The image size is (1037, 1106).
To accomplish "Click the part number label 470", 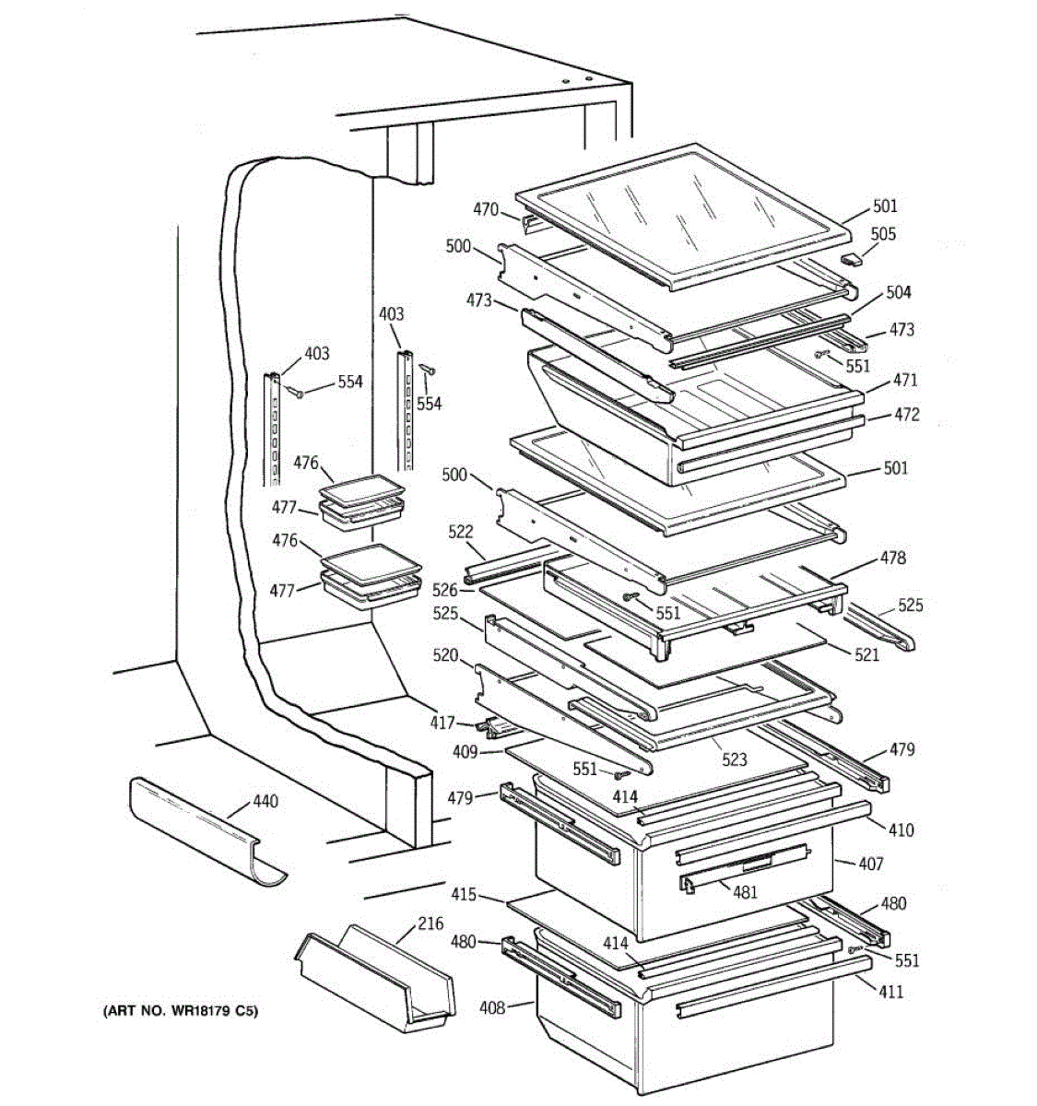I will tap(486, 210).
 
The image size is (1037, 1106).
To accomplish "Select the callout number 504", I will tap(898, 292).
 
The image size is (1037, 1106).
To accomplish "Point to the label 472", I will tap(906, 416).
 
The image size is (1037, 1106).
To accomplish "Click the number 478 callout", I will tap(892, 558).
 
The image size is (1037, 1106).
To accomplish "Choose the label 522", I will tap(460, 532).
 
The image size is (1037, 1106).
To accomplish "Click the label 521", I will tap(866, 654).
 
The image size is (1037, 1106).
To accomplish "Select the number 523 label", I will tap(734, 759).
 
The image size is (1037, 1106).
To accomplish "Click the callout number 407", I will tap(870, 864).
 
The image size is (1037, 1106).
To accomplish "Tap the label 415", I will tap(464, 894).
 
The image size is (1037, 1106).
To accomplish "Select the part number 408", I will tap(492, 1007).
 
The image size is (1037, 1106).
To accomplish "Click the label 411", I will tap(890, 992).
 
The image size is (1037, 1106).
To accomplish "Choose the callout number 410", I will tap(901, 829).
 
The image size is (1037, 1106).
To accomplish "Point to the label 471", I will tap(904, 380).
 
